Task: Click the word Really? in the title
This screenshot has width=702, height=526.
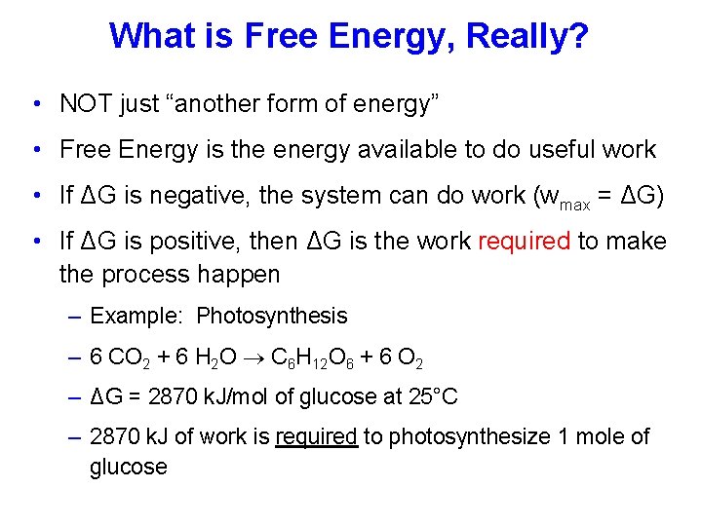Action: (527, 36)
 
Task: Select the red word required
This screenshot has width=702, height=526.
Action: (524, 242)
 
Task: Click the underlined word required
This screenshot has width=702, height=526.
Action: (316, 437)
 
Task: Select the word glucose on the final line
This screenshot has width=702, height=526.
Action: (129, 467)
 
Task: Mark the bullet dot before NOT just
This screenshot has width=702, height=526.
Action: (35, 103)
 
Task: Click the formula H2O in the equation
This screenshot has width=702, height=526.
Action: (214, 357)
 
